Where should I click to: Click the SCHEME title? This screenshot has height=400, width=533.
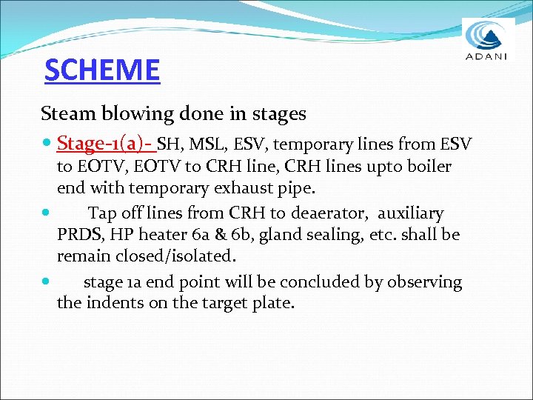pos(101,70)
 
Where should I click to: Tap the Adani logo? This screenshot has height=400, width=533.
pos(488,41)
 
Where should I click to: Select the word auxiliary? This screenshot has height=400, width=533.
pos(411,213)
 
